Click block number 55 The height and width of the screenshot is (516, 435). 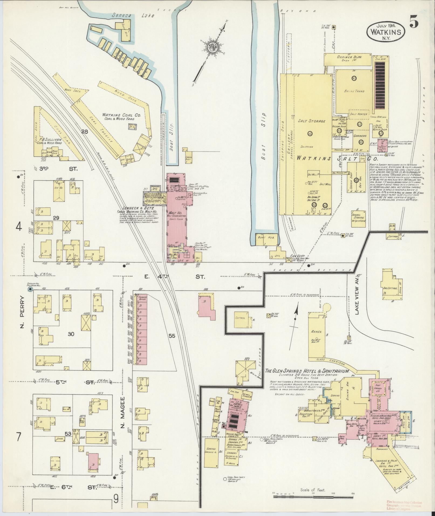point(172,336)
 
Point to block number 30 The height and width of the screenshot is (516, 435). point(71,334)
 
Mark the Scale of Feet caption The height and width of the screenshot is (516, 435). point(313,490)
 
